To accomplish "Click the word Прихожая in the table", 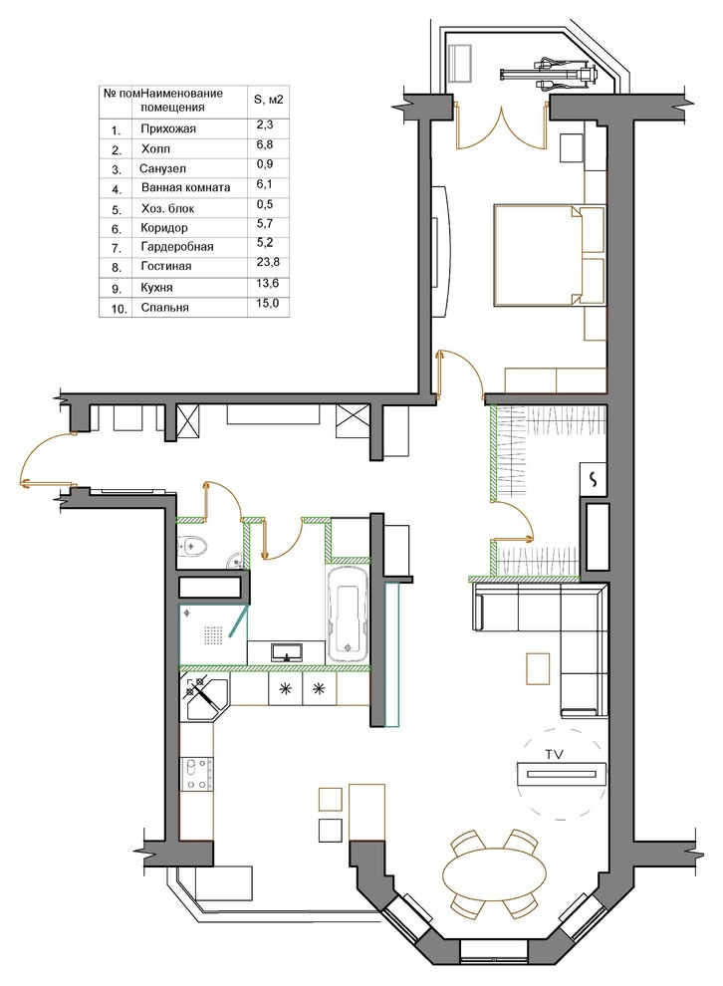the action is [x=168, y=128].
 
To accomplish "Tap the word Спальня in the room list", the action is [x=164, y=308].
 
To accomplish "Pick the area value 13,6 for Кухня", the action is [x=267, y=283].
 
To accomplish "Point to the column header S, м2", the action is [x=268, y=99].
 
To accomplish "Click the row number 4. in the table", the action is [x=117, y=189].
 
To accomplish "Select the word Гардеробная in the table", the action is [x=177, y=247].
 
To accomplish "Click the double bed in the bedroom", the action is [x=548, y=255].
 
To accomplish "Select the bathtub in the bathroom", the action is [x=347, y=614].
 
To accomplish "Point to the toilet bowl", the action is [x=192, y=547].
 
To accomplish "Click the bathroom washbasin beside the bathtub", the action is [x=287, y=652].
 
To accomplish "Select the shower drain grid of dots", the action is [x=214, y=634].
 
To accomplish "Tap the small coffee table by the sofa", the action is [x=538, y=669].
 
